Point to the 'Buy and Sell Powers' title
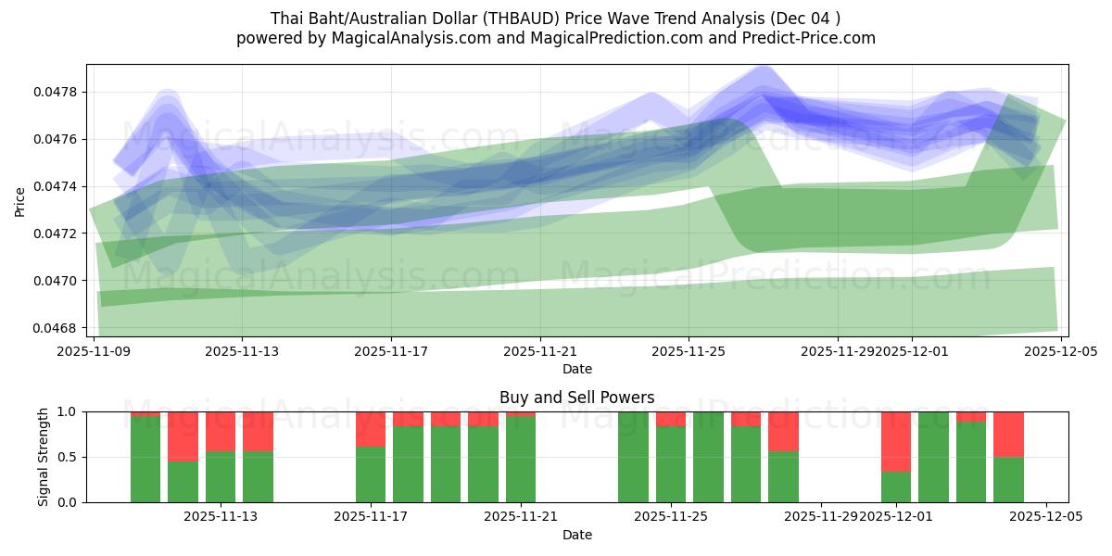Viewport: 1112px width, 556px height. pos(576,398)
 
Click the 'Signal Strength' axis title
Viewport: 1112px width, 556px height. pos(43,457)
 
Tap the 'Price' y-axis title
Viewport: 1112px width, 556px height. pos(20,200)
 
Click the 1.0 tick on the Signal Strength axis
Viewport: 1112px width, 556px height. pos(67,411)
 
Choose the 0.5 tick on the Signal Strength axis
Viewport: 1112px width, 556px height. pos(67,457)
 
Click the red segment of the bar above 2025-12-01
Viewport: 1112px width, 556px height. pos(896,441)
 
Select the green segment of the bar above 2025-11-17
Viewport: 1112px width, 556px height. pos(371,474)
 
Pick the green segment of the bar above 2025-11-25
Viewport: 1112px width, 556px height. pos(671,464)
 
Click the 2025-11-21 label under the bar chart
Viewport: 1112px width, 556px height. pos(520,517)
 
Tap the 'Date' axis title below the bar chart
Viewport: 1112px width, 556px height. pos(576,535)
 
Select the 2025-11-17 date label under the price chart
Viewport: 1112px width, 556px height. pos(391,351)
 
